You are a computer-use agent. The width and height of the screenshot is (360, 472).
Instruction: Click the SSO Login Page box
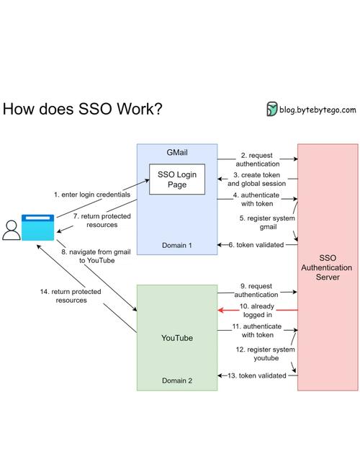click(x=177, y=179)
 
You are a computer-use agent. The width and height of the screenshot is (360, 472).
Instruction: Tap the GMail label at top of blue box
click(x=177, y=153)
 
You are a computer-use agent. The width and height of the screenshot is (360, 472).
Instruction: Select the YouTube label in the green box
click(x=177, y=337)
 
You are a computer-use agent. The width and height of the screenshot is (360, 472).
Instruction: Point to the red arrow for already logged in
click(x=257, y=310)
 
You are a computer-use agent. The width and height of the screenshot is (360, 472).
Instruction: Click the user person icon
click(x=11, y=229)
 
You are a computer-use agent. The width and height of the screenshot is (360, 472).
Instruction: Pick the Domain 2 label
click(x=177, y=380)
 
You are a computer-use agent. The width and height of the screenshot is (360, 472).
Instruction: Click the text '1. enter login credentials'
click(x=91, y=195)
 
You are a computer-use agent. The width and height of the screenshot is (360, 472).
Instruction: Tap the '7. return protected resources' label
click(x=95, y=220)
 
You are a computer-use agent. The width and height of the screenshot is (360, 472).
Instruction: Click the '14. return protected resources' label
click(x=71, y=295)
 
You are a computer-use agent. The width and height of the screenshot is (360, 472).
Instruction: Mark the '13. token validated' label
click(x=258, y=375)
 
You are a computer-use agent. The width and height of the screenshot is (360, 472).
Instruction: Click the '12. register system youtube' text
click(x=256, y=354)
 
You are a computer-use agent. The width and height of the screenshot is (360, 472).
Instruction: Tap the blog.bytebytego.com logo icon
click(x=272, y=110)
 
